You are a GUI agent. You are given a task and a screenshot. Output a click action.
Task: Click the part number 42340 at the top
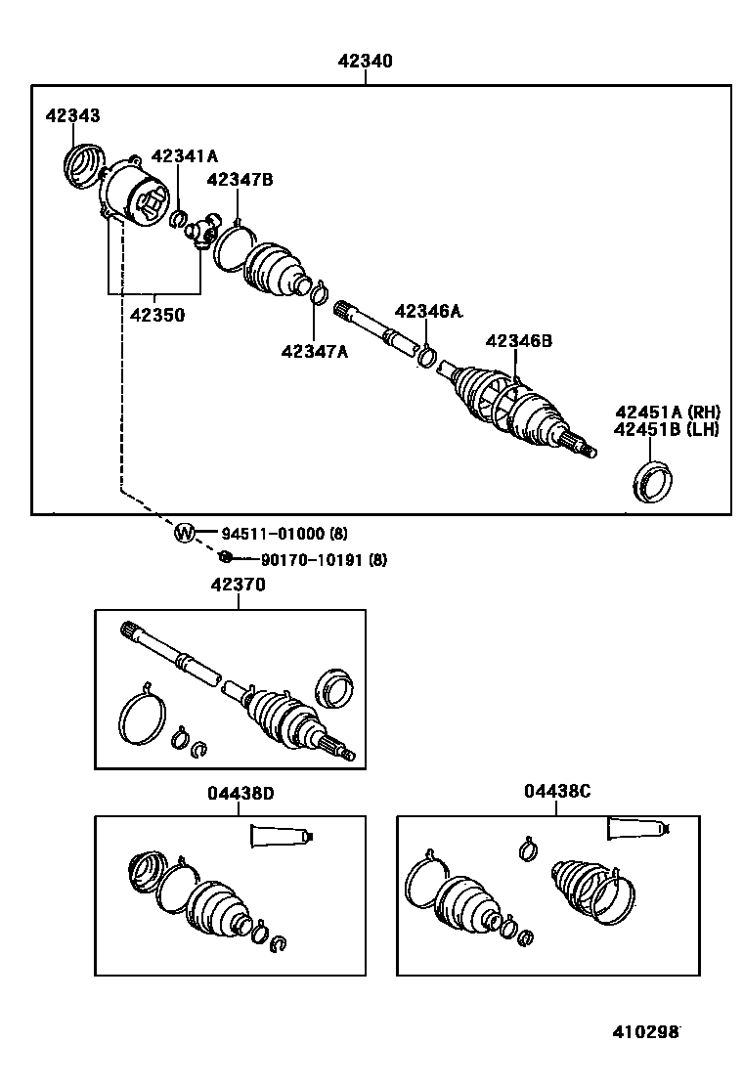click(x=366, y=61)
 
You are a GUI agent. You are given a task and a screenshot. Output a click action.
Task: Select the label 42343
click(x=71, y=116)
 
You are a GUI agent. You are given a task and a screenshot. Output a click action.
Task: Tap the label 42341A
click(x=185, y=156)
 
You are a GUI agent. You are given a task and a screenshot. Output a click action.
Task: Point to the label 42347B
click(x=240, y=179)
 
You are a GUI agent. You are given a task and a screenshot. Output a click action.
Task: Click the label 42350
click(x=157, y=315)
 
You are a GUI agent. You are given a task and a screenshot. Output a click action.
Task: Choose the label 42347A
click(x=314, y=351)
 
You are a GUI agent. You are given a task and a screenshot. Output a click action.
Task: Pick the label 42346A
click(x=428, y=312)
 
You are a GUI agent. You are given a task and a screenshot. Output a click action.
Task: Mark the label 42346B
click(x=519, y=340)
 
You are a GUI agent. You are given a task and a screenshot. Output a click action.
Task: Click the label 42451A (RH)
click(x=667, y=412)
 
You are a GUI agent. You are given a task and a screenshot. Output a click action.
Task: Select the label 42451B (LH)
click(x=667, y=428)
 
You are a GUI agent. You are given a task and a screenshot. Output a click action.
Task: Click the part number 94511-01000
click(x=272, y=534)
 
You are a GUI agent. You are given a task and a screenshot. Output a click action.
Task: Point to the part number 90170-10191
click(x=310, y=560)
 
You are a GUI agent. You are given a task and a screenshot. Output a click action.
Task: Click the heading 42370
click(x=238, y=585)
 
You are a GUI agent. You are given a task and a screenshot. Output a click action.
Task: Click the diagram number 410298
click(x=646, y=1032)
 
